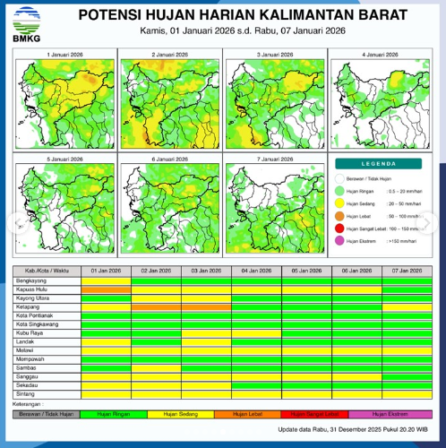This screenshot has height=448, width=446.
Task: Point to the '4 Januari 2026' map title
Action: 379,54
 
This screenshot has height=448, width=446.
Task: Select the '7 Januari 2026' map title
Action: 273,159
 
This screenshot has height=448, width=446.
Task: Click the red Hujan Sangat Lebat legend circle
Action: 339,229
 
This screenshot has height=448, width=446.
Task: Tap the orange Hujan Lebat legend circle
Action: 339,217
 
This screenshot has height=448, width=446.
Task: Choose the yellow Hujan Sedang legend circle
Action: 339,204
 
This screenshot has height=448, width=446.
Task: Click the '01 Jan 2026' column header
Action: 105,270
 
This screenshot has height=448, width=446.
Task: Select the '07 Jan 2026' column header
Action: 406,270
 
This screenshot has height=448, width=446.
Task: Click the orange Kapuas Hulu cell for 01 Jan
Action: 105,289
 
